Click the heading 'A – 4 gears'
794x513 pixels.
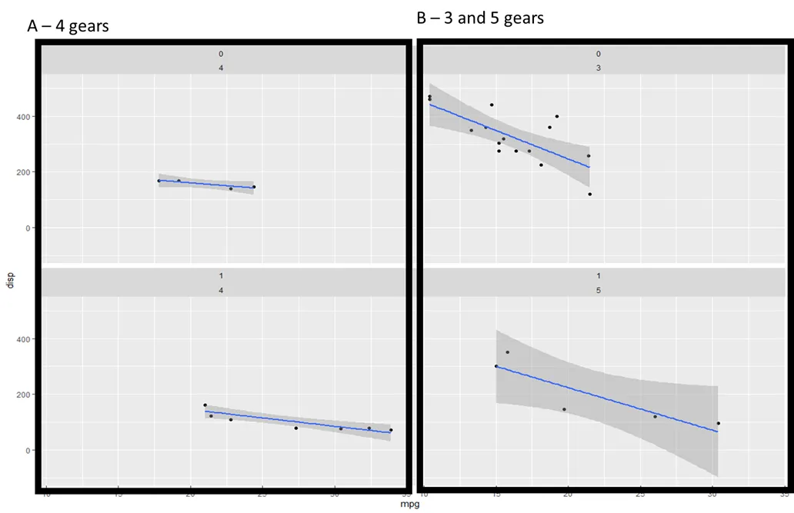68,26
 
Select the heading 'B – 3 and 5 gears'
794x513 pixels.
480,17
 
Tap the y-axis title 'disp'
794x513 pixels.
10,280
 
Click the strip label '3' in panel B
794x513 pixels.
598,68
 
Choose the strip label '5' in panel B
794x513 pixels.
598,290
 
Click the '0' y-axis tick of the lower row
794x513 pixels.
28,451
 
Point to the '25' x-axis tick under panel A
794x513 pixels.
262,498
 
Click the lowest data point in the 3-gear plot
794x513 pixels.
590,194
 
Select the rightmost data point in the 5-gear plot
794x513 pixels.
718,423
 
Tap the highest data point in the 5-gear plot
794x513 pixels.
507,352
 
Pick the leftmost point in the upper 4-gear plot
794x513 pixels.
159,181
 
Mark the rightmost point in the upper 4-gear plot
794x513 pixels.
254,187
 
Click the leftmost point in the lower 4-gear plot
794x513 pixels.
205,405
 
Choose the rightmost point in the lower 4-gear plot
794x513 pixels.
391,430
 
